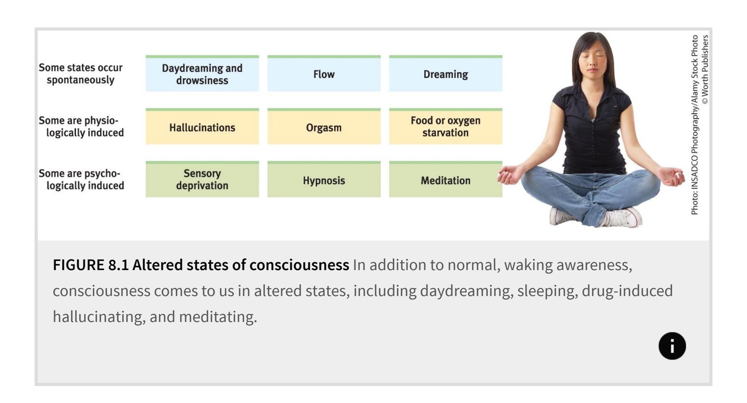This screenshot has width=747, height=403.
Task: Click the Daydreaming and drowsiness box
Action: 202,74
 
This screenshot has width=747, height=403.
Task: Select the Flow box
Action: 324,74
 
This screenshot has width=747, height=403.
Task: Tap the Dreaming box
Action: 446,74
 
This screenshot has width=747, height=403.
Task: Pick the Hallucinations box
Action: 202,127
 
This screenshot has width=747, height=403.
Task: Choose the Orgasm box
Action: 324,127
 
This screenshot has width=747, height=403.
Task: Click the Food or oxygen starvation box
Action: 446,127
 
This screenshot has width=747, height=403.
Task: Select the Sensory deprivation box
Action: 202,179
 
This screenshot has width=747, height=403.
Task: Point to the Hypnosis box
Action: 324,179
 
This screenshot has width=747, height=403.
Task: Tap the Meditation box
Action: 446,179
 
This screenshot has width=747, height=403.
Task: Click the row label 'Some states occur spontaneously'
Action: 81,74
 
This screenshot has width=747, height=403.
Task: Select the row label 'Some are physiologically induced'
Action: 81,127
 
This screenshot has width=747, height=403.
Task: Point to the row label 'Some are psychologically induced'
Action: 81,179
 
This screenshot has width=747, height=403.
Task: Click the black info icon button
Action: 672,346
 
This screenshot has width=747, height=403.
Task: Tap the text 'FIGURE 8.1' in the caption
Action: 91,265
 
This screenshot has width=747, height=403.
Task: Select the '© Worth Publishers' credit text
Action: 705,69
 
